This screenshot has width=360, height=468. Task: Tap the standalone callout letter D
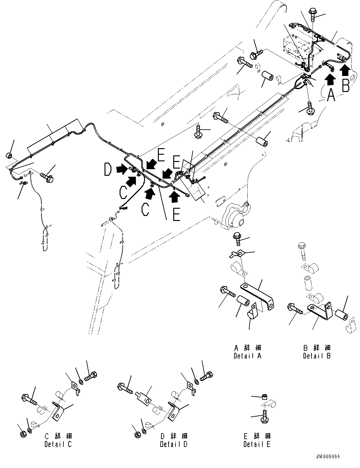[x=108, y=170]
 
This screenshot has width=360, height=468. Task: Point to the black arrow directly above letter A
[x=330, y=80]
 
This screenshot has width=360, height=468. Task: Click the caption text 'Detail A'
[x=247, y=356]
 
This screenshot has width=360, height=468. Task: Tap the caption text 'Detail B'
[x=317, y=356]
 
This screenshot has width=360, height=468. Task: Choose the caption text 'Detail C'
[x=58, y=444]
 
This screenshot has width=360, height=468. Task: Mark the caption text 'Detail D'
[x=174, y=444]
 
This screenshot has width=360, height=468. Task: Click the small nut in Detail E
[x=264, y=397]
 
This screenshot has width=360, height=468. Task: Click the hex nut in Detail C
[x=23, y=434]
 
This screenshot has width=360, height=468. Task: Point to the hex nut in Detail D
[x=138, y=434]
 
